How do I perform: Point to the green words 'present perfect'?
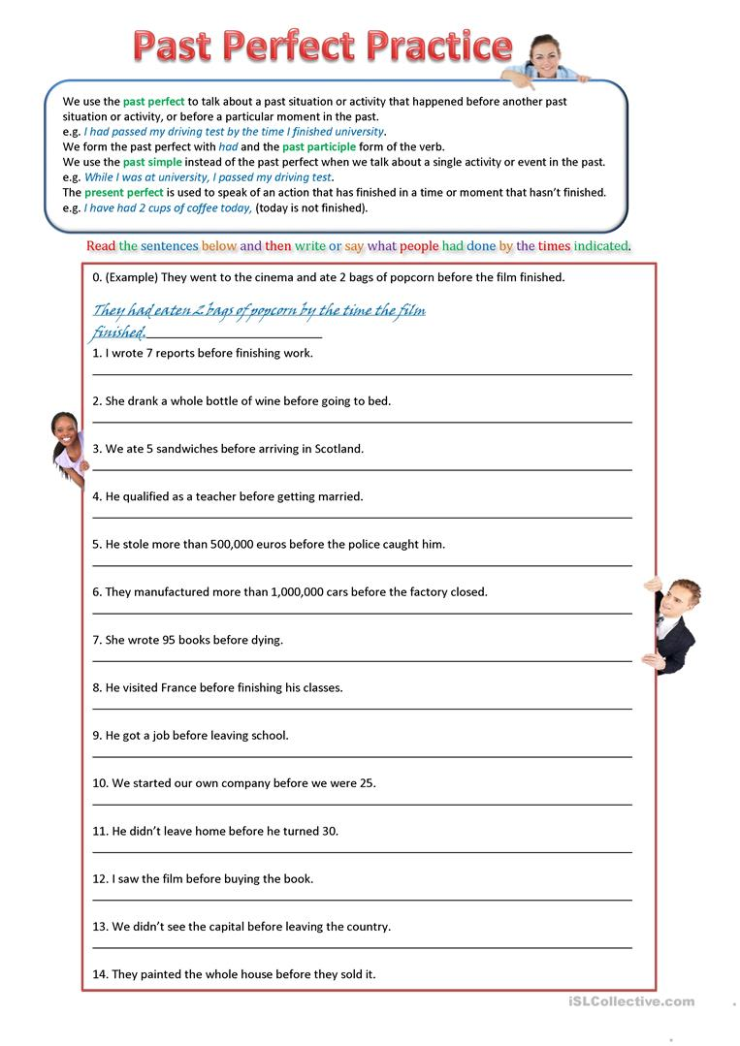124,192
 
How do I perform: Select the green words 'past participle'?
319,146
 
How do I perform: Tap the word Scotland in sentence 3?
338,449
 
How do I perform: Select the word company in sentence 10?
247,782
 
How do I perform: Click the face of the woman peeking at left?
67,431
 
